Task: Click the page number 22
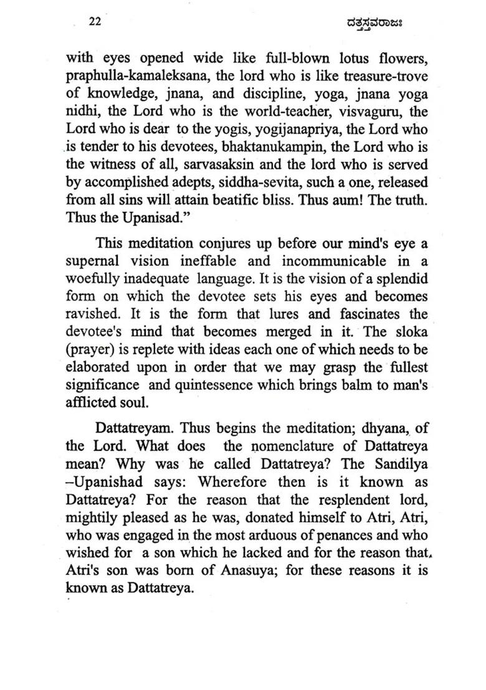click(95, 21)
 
